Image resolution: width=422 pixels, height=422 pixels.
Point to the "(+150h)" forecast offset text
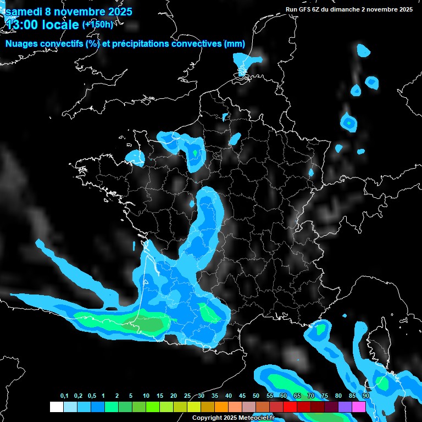pyautogui.click(x=97, y=25)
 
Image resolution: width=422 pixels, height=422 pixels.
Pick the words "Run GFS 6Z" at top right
pyautogui.click(x=303, y=9)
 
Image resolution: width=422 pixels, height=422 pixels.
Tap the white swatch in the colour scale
pyautogui.click(x=56, y=407)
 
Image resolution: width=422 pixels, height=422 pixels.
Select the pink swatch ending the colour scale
pyautogui.click(x=359, y=407)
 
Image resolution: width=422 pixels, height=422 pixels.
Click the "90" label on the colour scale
pyautogui.click(x=366, y=396)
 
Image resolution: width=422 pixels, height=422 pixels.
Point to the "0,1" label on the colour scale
pyautogui.click(x=64, y=396)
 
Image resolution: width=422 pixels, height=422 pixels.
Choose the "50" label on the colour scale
pyautogui.click(x=256, y=396)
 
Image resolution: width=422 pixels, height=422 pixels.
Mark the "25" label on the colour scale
pyautogui.click(x=187, y=396)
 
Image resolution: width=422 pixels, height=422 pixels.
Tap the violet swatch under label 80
pyautogui.click(x=345, y=407)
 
